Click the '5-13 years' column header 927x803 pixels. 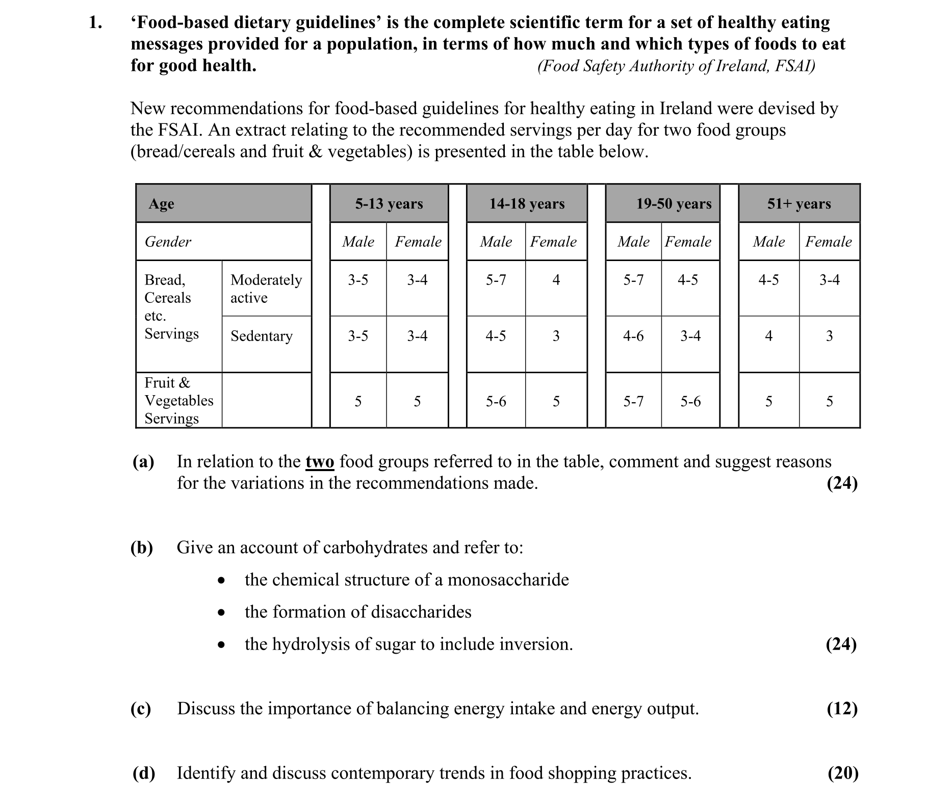point(389,204)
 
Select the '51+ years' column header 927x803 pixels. point(799,204)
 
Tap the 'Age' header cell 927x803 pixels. point(161,204)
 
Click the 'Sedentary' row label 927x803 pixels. point(261,336)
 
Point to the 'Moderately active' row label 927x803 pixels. point(266,289)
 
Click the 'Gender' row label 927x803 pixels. point(168,242)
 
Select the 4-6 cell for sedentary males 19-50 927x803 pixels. point(633,336)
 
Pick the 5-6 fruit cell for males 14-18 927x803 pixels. point(496,402)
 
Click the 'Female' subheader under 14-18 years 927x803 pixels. point(553,242)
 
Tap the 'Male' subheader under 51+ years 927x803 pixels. point(768,242)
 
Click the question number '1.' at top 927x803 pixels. point(95,22)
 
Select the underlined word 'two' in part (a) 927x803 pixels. point(320,462)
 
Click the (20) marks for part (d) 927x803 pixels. point(842,773)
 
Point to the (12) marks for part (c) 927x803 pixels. point(842,709)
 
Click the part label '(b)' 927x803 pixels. point(142,548)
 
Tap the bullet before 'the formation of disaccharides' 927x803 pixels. point(221,613)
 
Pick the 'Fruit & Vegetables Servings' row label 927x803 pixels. point(178,401)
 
